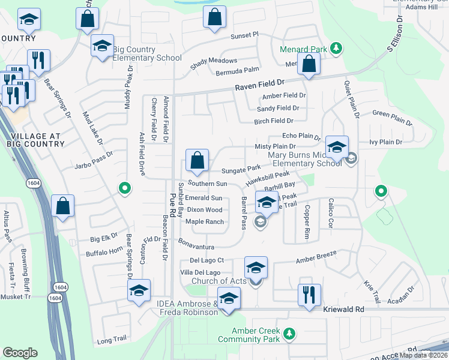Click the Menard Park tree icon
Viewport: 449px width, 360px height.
pos(337,49)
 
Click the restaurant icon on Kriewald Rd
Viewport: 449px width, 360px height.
pos(309,295)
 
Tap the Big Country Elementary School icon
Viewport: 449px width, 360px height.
pos(102,46)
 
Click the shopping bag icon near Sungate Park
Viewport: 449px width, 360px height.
pos(197,161)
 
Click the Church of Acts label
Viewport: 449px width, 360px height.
pos(218,281)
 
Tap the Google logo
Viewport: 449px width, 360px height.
pos(20,353)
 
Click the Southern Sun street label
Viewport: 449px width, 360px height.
pos(207,184)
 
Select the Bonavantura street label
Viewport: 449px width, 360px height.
pos(196,243)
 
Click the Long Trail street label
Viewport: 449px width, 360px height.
pos(112,340)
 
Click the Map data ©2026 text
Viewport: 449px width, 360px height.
pos(424,355)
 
